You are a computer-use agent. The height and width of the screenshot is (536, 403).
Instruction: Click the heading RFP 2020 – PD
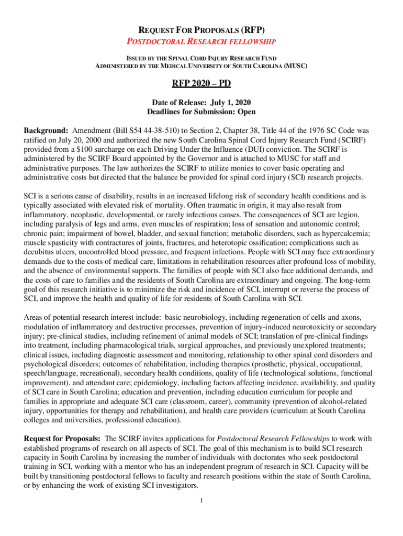(201, 84)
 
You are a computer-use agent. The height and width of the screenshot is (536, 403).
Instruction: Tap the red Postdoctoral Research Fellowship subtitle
(201, 41)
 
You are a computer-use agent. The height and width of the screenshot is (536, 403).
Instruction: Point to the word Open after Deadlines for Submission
(244, 111)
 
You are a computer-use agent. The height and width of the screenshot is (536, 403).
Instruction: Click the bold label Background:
(47, 130)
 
